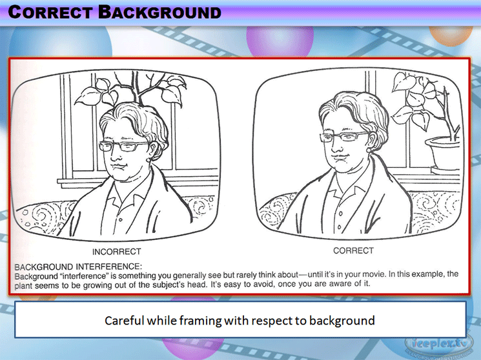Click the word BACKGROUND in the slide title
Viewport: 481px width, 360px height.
click(159, 12)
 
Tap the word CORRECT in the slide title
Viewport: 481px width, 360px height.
click(50, 12)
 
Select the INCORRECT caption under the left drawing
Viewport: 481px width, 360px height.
click(117, 252)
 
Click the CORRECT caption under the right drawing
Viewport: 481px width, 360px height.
click(353, 251)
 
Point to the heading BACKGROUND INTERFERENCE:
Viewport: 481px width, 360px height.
click(78, 266)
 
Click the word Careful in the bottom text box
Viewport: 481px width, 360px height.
click(124, 321)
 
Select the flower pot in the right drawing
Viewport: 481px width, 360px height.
click(442, 151)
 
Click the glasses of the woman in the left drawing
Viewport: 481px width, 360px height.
click(123, 146)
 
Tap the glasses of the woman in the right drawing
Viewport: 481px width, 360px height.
click(343, 137)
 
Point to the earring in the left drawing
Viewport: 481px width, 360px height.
click(148, 160)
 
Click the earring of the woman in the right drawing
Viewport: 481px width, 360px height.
click(369, 150)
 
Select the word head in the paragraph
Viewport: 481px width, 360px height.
click(198, 285)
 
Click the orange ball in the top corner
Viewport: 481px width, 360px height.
click(451, 35)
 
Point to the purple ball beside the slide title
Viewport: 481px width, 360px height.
click(280, 41)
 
